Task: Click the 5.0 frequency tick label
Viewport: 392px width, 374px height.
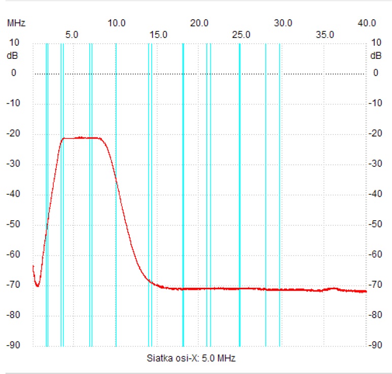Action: pyautogui.click(x=72, y=35)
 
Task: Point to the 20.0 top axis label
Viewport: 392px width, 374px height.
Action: pyautogui.click(x=200, y=23)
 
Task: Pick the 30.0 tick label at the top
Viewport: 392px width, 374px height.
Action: pyautogui.click(x=283, y=23)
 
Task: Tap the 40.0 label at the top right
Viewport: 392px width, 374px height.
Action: pyautogui.click(x=366, y=23)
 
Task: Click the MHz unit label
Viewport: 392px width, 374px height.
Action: pyautogui.click(x=16, y=23)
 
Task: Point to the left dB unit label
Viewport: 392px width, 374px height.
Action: pyautogui.click(x=12, y=56)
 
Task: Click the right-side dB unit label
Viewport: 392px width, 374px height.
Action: pyautogui.click(x=376, y=56)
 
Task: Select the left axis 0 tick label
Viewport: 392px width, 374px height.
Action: pyautogui.click(x=14, y=73)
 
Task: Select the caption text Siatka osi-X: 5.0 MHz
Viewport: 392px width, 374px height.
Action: pyautogui.click(x=191, y=358)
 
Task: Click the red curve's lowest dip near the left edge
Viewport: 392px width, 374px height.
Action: pyautogui.click(x=37, y=286)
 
